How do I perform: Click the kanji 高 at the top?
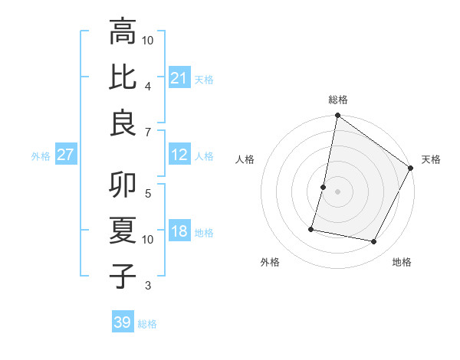pyautogui.click(x=123, y=32)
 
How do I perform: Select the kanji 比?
pyautogui.click(x=123, y=77)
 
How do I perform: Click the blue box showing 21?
pyautogui.click(x=179, y=77)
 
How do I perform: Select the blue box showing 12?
pyautogui.click(x=179, y=155)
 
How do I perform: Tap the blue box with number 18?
pyautogui.click(x=179, y=231)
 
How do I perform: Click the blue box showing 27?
pyautogui.click(x=66, y=155)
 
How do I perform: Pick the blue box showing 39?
pyautogui.click(x=123, y=322)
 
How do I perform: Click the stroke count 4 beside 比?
pyautogui.click(x=147, y=85)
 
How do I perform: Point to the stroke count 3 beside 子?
pyautogui.click(x=147, y=286)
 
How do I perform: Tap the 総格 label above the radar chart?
pyautogui.click(x=338, y=100)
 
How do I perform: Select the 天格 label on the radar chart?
pyautogui.click(x=431, y=159)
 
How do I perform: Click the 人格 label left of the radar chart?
pyautogui.click(x=245, y=159)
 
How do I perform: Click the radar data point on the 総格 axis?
pyautogui.click(x=337, y=116)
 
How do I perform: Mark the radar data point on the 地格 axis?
pyautogui.click(x=374, y=242)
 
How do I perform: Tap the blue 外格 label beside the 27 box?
pyautogui.click(x=41, y=155)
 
